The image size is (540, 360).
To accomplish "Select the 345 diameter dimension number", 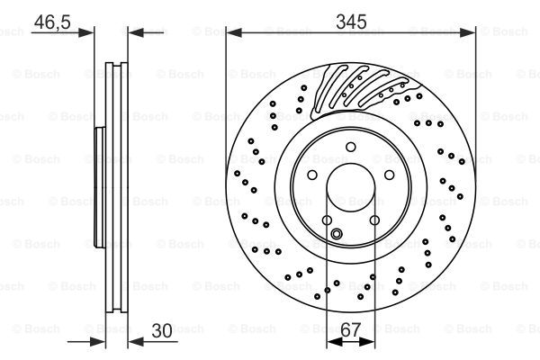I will click(x=351, y=17).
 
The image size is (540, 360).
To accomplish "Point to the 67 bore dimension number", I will click(x=350, y=330).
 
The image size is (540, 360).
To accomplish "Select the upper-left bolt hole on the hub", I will click(x=311, y=175).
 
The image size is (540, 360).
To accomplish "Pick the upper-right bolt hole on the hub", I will click(x=388, y=175).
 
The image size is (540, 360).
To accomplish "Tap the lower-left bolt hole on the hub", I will click(x=327, y=220).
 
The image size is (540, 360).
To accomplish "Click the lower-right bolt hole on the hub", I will click(x=373, y=220).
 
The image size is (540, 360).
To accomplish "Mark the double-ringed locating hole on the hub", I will click(x=337, y=236).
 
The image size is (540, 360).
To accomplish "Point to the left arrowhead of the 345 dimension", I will click(x=231, y=32).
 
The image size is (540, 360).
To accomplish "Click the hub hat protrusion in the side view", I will click(x=97, y=188).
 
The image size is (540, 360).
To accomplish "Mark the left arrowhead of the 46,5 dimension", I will click(x=88, y=32).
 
